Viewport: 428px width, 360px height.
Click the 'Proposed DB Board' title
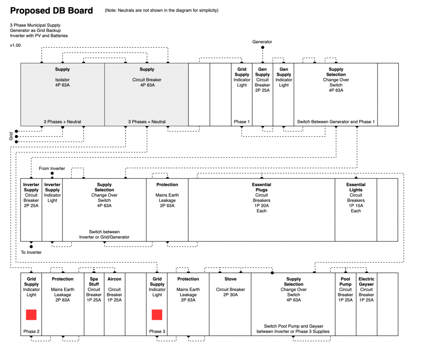[x=51, y=11]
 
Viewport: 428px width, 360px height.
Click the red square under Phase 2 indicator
[x=31, y=315]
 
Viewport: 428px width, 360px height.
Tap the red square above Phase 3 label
[x=157, y=315]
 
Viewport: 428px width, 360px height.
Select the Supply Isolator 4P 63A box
[x=62, y=95]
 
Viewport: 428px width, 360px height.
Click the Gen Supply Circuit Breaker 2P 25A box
[x=262, y=95]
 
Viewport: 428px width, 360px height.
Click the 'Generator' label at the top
[x=262, y=42]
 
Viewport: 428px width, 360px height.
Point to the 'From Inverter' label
[x=52, y=169]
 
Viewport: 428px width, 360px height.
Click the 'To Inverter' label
[x=31, y=253]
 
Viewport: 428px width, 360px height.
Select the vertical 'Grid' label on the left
[x=11, y=136]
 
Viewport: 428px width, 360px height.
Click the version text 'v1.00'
[x=15, y=45]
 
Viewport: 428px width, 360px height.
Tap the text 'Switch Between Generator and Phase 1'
[x=336, y=122]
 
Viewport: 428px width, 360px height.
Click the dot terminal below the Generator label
[x=262, y=48]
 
